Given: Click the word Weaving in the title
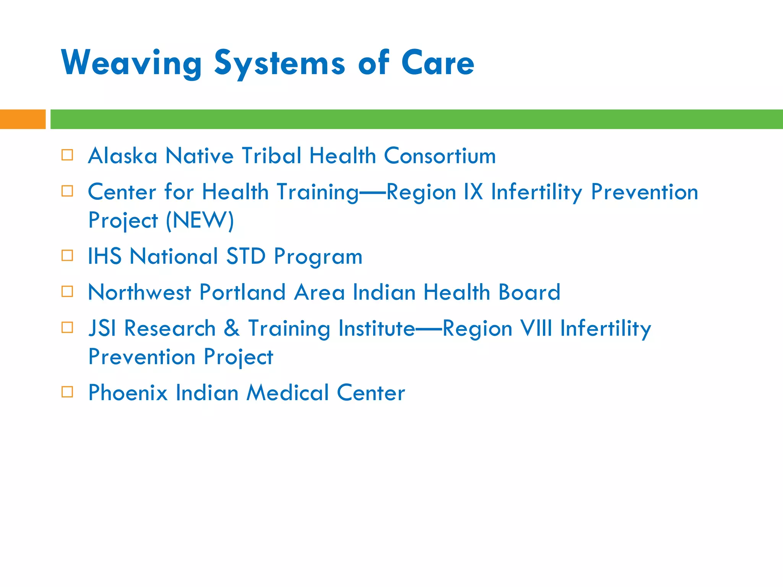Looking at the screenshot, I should (x=131, y=63).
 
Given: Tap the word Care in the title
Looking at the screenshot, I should (x=438, y=63).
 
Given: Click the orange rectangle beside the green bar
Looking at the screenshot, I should (x=23, y=119).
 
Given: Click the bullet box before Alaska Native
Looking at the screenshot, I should (x=67, y=155).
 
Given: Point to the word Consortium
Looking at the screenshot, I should (x=440, y=156).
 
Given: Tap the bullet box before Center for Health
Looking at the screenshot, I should (x=67, y=191).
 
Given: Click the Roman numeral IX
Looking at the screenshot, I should (x=473, y=192).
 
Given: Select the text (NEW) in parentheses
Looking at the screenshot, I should (x=200, y=221).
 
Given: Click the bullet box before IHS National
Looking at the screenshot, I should (x=67, y=255).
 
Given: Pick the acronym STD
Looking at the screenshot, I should (x=246, y=256).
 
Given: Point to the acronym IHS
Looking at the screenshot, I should (x=104, y=256).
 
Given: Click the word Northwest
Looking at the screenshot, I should (x=139, y=292).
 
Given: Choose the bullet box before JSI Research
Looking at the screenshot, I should (x=67, y=328).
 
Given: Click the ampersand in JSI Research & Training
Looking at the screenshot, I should (x=232, y=328).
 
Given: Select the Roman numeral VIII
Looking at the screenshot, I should (x=536, y=328).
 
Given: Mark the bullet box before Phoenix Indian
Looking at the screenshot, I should (x=67, y=392).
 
